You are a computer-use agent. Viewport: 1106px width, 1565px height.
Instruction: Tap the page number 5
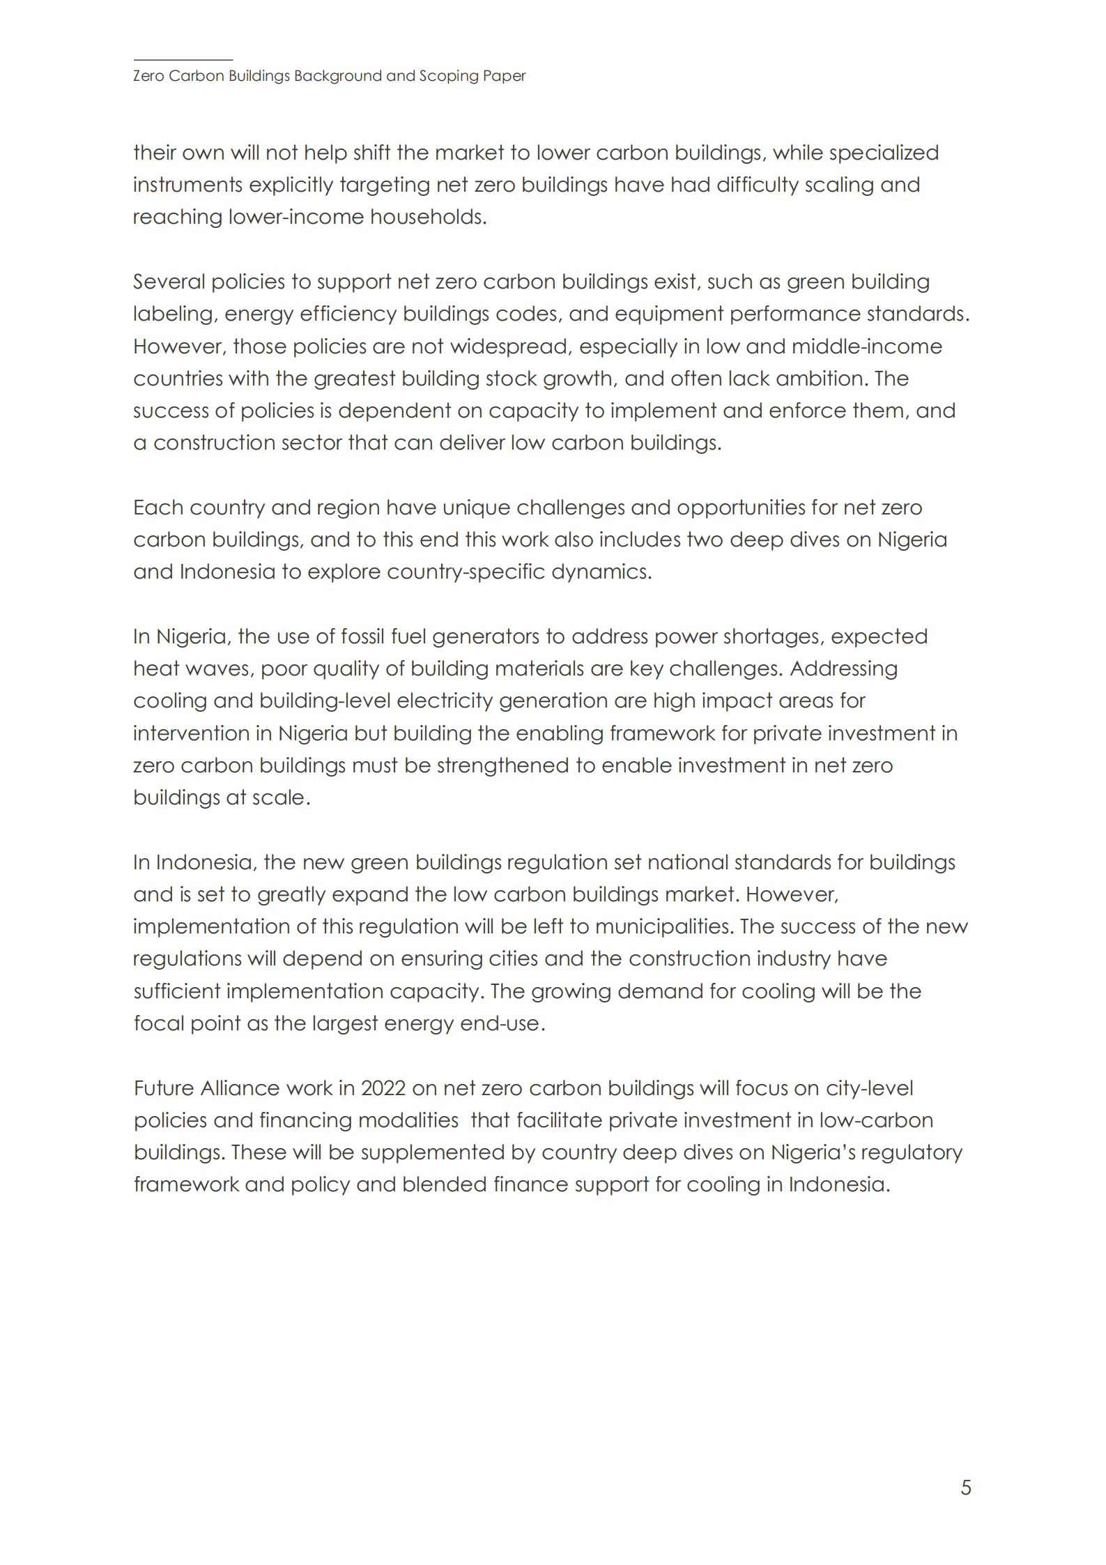point(965,1487)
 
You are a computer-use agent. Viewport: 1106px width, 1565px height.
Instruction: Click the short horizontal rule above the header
point(183,60)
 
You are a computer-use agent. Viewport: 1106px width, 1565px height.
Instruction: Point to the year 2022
point(383,1088)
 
